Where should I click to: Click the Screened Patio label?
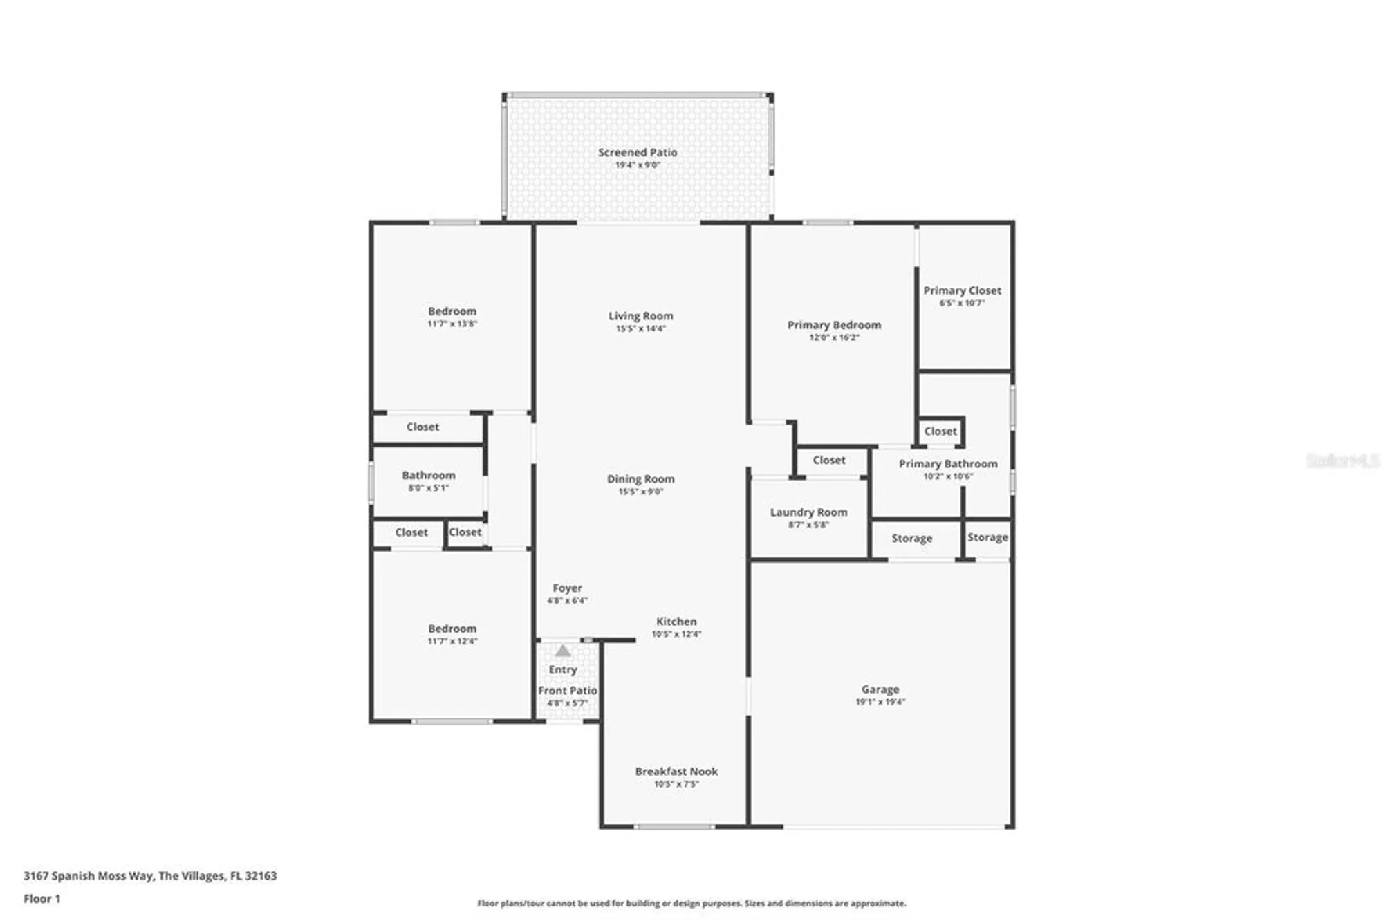pyautogui.click(x=637, y=152)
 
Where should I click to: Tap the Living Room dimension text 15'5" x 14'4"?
pyautogui.click(x=640, y=328)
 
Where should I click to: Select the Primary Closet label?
pyautogui.click(x=962, y=290)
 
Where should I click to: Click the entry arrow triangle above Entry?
pyautogui.click(x=563, y=651)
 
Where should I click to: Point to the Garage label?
pyautogui.click(x=880, y=689)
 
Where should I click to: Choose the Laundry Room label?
pyautogui.click(x=808, y=512)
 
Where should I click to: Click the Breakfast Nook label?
pyautogui.click(x=676, y=771)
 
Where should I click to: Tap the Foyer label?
pyautogui.click(x=567, y=588)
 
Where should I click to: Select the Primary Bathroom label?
pyautogui.click(x=947, y=463)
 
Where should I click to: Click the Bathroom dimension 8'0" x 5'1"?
pyautogui.click(x=428, y=487)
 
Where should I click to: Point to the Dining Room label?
pyautogui.click(x=640, y=478)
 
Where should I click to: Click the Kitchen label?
pyautogui.click(x=676, y=621)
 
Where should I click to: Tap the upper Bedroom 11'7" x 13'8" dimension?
pyautogui.click(x=452, y=324)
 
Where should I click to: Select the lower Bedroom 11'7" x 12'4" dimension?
pyautogui.click(x=452, y=641)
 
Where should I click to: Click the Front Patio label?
pyautogui.click(x=567, y=690)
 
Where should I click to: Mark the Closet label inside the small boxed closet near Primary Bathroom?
pyautogui.click(x=940, y=431)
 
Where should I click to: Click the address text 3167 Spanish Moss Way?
pyautogui.click(x=89, y=875)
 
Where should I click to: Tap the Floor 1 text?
pyautogui.click(x=41, y=899)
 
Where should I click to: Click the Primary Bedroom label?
pyautogui.click(x=834, y=325)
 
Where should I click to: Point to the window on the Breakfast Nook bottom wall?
pyautogui.click(x=674, y=826)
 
